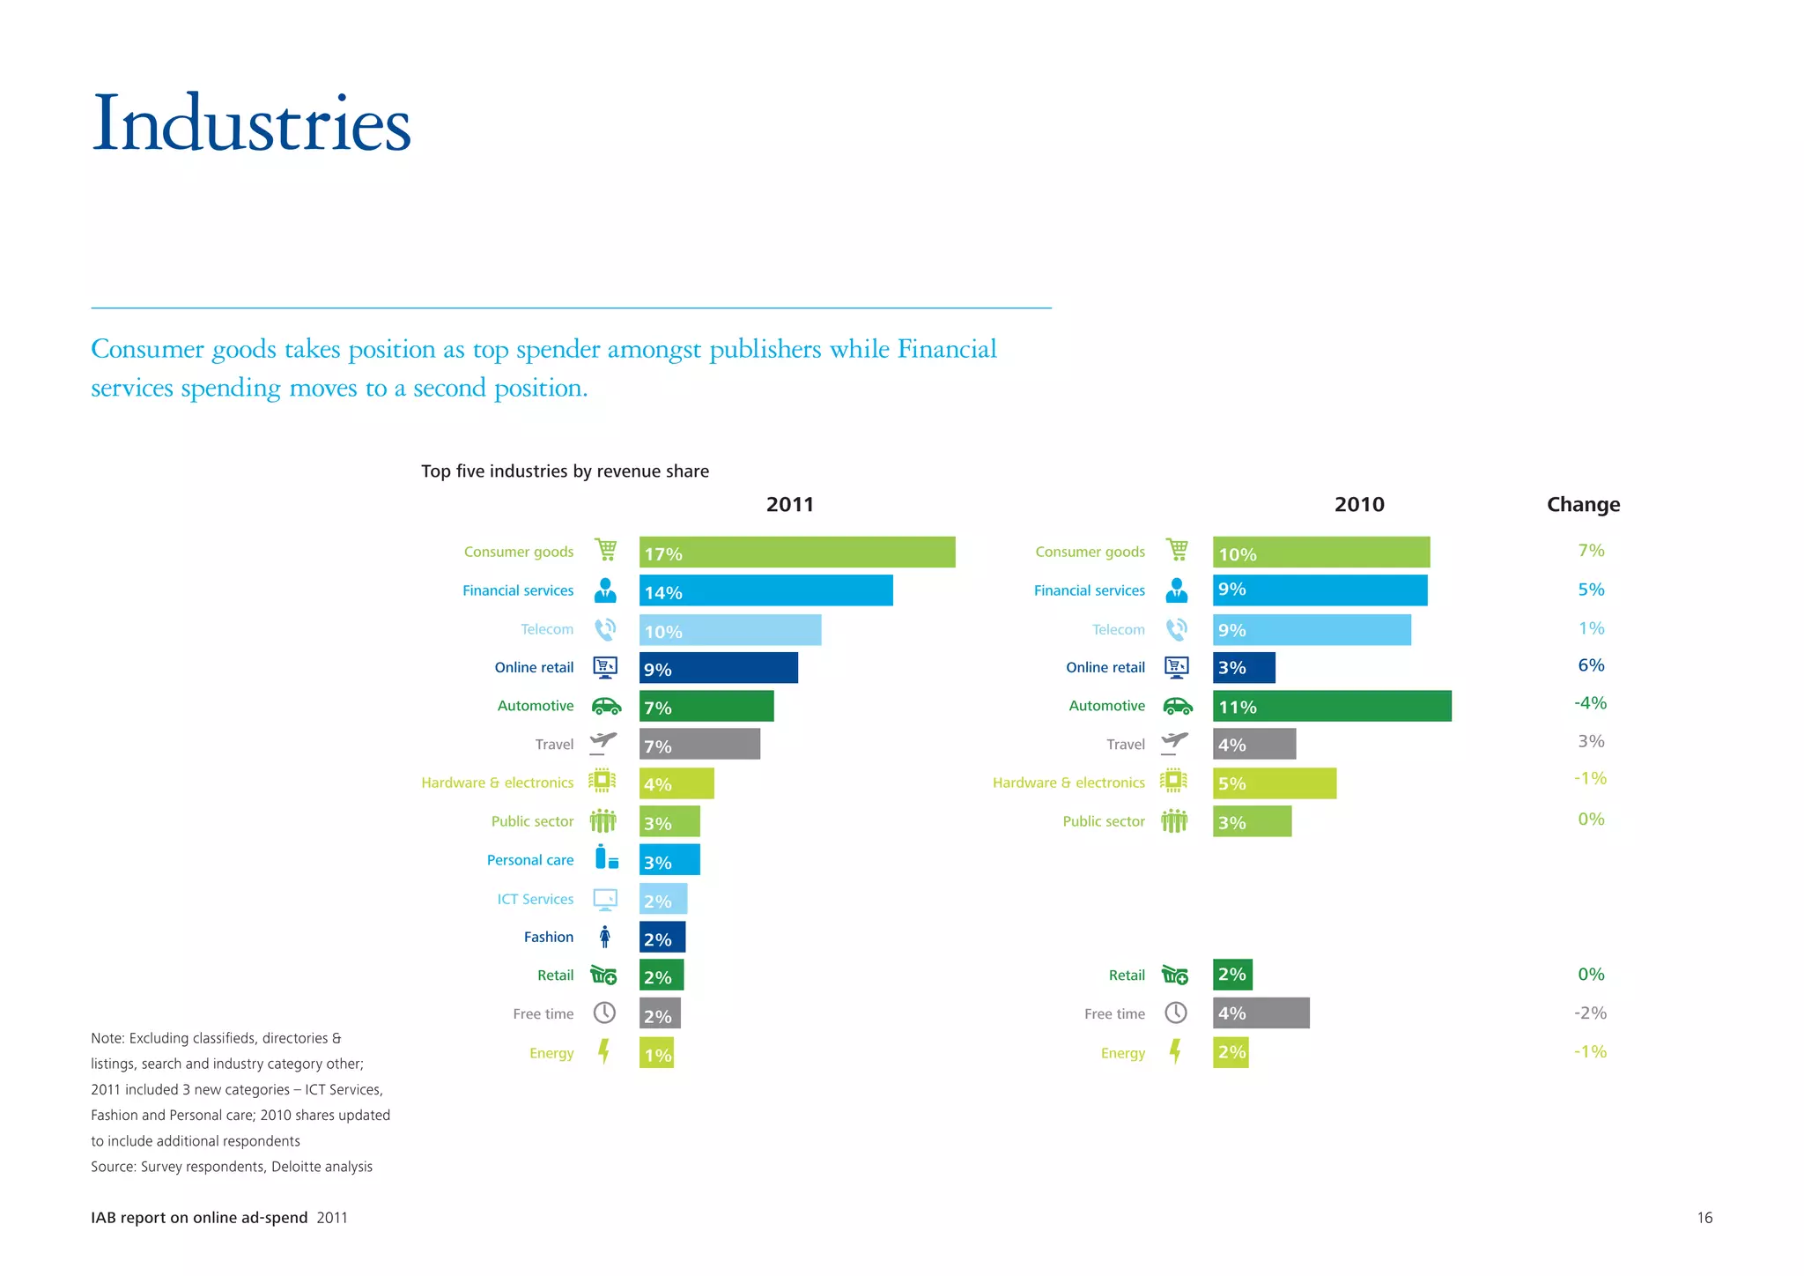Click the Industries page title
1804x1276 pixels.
pos(251,123)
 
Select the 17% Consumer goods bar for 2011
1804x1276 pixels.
pos(796,553)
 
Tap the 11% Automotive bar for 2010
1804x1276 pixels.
pos(1331,706)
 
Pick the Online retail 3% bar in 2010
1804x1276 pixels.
pos(1243,668)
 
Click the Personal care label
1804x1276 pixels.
pos(529,860)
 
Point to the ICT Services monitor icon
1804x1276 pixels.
pos(605,899)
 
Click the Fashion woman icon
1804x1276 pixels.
pos(604,937)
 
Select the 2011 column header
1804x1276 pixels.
pos(789,505)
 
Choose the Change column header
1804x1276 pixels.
pos(1583,505)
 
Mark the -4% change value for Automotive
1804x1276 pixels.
pos(1590,703)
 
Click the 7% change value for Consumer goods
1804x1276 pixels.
pos(1591,551)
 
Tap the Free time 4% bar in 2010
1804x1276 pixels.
pos(1261,1013)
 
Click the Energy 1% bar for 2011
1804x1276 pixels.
pos(656,1053)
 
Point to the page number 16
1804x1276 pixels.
pos(1704,1218)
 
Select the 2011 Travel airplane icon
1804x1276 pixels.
pos(603,743)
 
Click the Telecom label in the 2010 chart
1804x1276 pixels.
pos(1118,630)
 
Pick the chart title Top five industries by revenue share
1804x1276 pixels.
pos(565,471)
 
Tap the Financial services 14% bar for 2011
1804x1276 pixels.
pos(765,591)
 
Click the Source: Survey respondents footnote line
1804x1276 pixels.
pos(232,1167)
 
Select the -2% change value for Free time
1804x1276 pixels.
pos(1590,1013)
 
